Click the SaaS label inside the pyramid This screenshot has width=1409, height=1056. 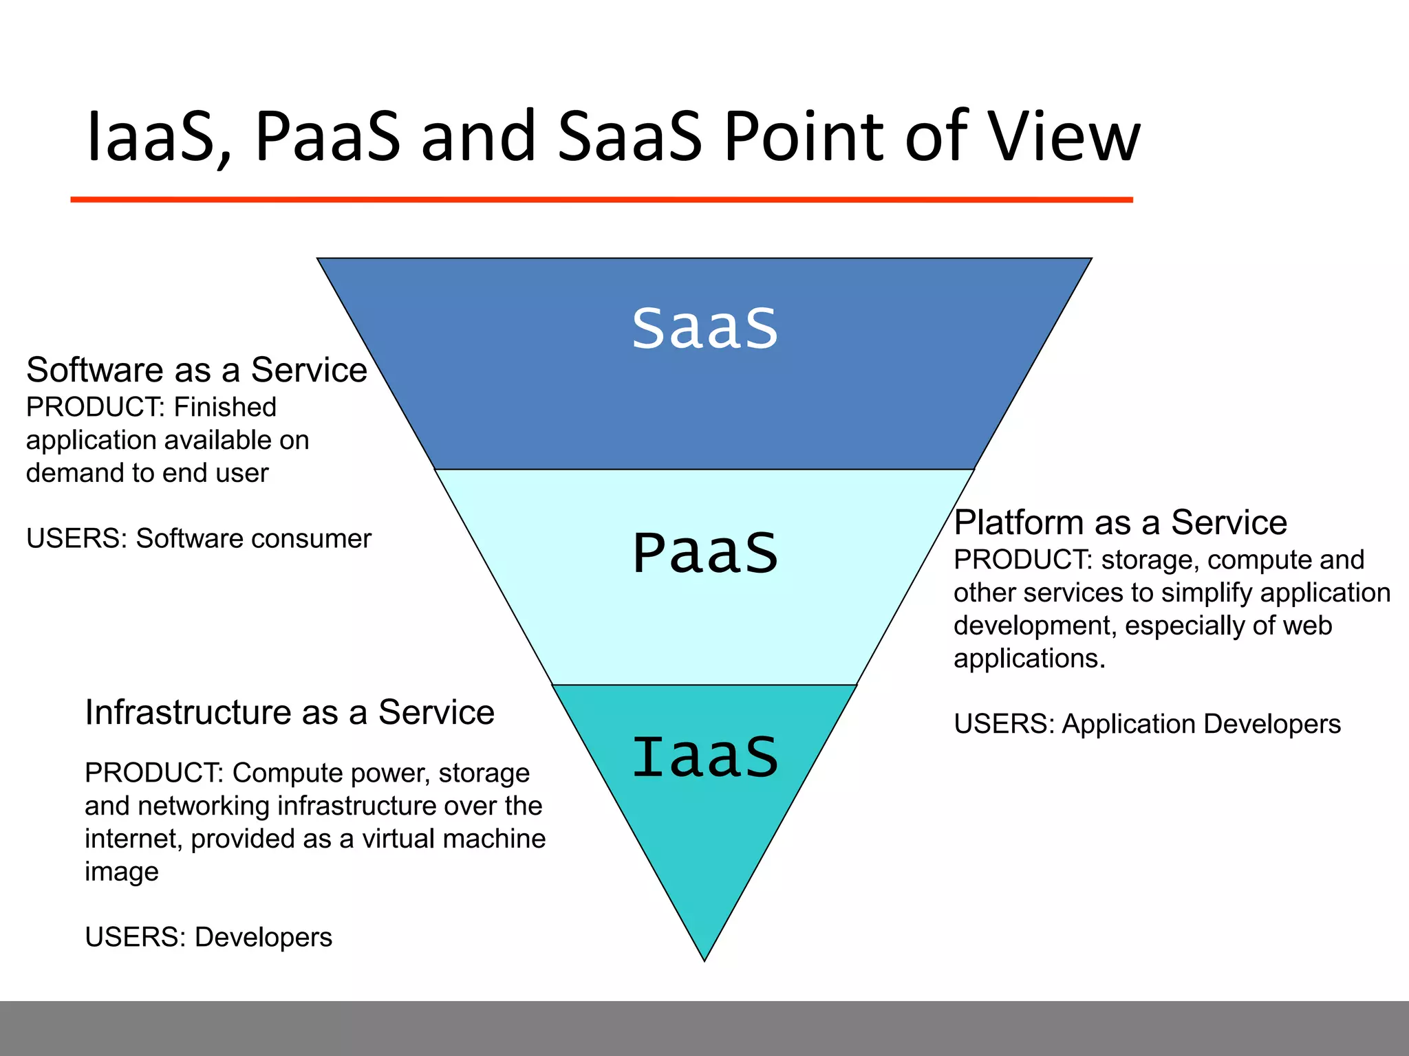pyautogui.click(x=704, y=328)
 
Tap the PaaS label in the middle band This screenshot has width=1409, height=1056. pyautogui.click(x=704, y=553)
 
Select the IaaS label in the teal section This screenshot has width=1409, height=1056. pyautogui.click(x=704, y=757)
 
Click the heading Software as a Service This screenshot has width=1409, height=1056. pyautogui.click(x=197, y=370)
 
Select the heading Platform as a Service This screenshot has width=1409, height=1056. pyautogui.click(x=1120, y=522)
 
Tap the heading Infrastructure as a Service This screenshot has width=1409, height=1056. pyautogui.click(x=290, y=712)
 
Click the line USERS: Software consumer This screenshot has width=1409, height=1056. pyautogui.click(x=198, y=538)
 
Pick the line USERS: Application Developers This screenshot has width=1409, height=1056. pyautogui.click(x=1147, y=724)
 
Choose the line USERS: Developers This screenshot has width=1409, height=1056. pyautogui.click(x=208, y=937)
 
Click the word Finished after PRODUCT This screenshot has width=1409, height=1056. pyautogui.click(x=225, y=407)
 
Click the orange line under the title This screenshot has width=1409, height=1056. pyautogui.click(x=601, y=199)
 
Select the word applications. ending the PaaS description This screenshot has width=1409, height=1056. pyautogui.click(x=1029, y=659)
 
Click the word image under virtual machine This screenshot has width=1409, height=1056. pyautogui.click(x=122, y=872)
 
